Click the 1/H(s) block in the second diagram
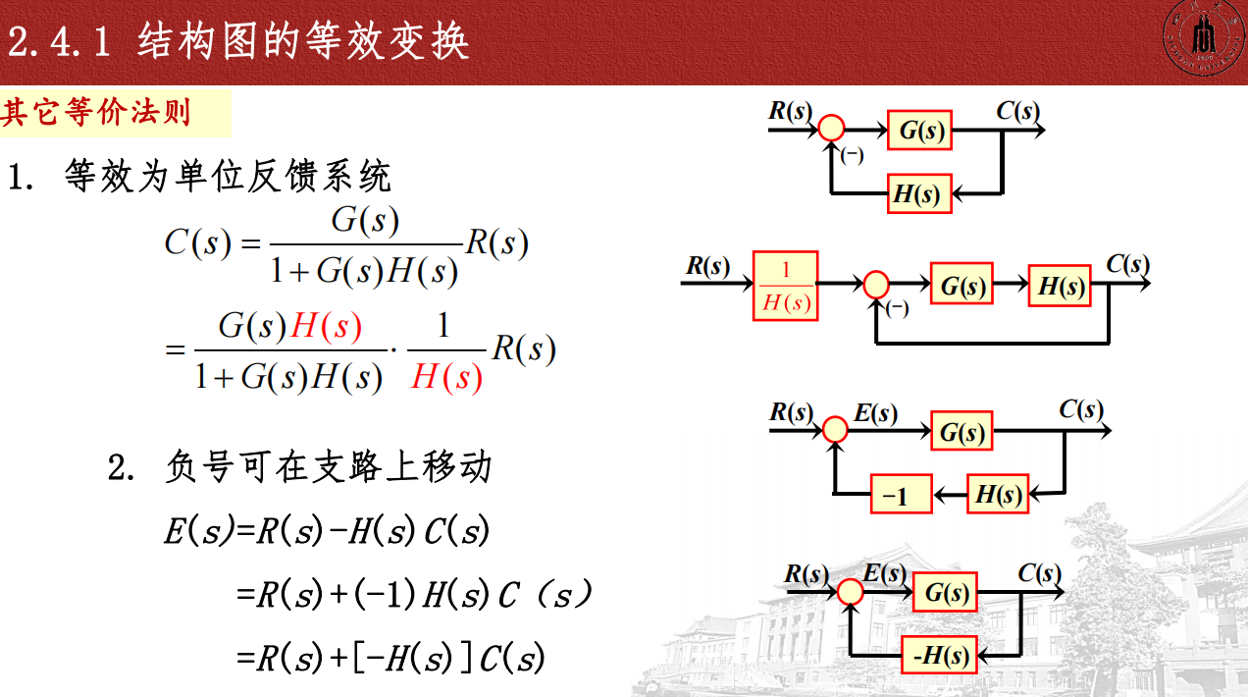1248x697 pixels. tap(786, 286)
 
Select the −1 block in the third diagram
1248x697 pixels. tap(901, 494)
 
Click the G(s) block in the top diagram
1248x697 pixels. tap(920, 130)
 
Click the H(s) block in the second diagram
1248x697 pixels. tap(1060, 286)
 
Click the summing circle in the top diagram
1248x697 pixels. tap(831, 128)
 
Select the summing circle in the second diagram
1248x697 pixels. tap(875, 285)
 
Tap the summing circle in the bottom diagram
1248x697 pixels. tap(850, 591)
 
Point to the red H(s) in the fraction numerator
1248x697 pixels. tap(327, 326)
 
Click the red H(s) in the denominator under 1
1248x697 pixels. tap(446, 376)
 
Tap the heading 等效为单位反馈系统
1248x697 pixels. tap(228, 177)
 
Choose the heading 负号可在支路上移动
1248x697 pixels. tap(328, 467)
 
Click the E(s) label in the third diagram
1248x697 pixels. tap(874, 413)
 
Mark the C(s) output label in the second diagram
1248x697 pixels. tap(1127, 264)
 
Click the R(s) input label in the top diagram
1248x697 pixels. tap(790, 110)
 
